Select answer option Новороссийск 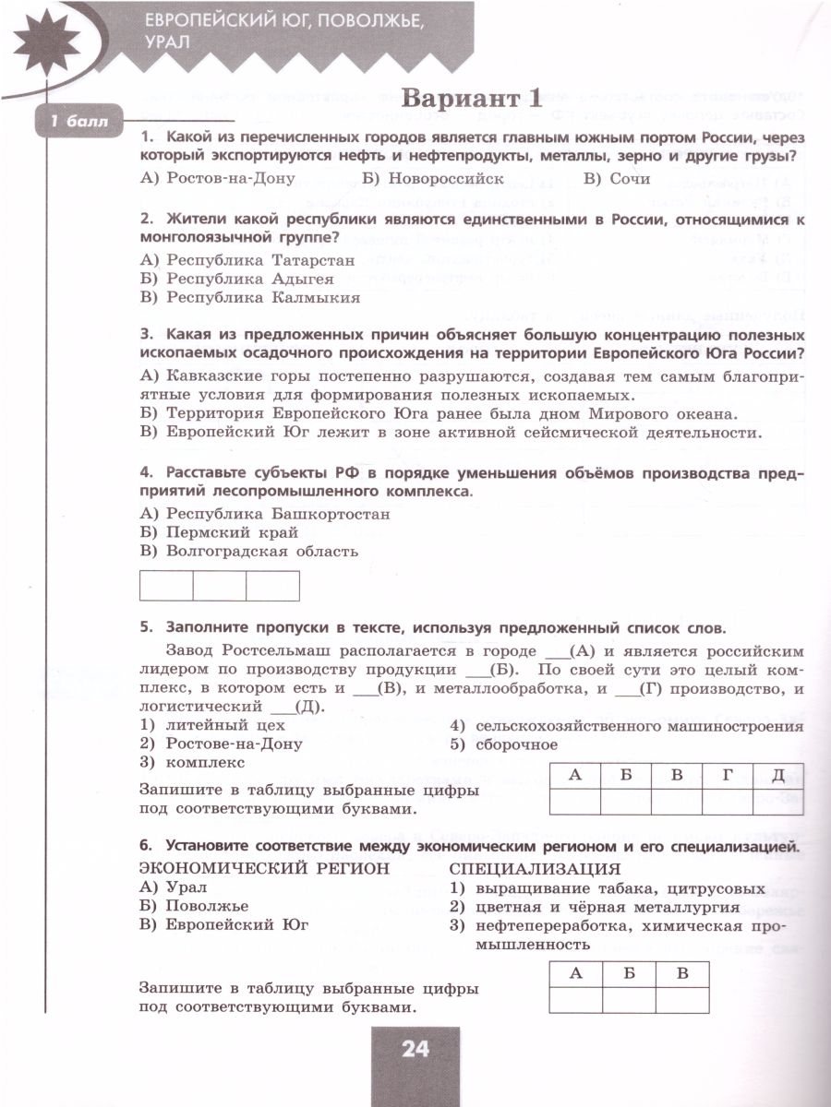[433, 179]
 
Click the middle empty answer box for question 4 [220, 586]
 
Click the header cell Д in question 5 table [777, 776]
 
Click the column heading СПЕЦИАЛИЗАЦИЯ [535, 869]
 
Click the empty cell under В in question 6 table [682, 1000]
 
